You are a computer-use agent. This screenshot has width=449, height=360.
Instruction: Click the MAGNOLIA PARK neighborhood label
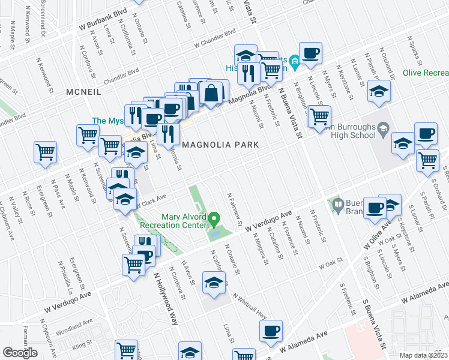[x=220, y=145]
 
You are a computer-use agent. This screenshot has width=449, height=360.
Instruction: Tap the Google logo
[x=20, y=353]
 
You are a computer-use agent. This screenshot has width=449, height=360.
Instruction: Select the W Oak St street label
[x=330, y=263]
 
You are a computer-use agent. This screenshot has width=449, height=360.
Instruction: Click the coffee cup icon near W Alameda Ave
[x=271, y=331]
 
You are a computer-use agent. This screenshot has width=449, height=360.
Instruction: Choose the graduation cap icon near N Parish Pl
[x=379, y=92]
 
